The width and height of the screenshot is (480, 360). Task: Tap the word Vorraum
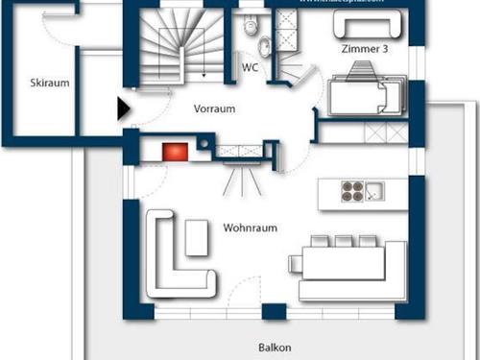[214, 108]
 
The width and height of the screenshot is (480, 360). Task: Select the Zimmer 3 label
[364, 48]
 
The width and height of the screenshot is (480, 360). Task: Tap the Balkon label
[275, 348]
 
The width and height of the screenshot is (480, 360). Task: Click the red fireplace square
[174, 150]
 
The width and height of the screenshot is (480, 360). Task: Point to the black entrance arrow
[124, 108]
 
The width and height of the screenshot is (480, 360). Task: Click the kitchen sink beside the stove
[374, 191]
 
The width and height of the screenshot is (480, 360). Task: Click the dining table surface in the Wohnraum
[347, 262]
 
